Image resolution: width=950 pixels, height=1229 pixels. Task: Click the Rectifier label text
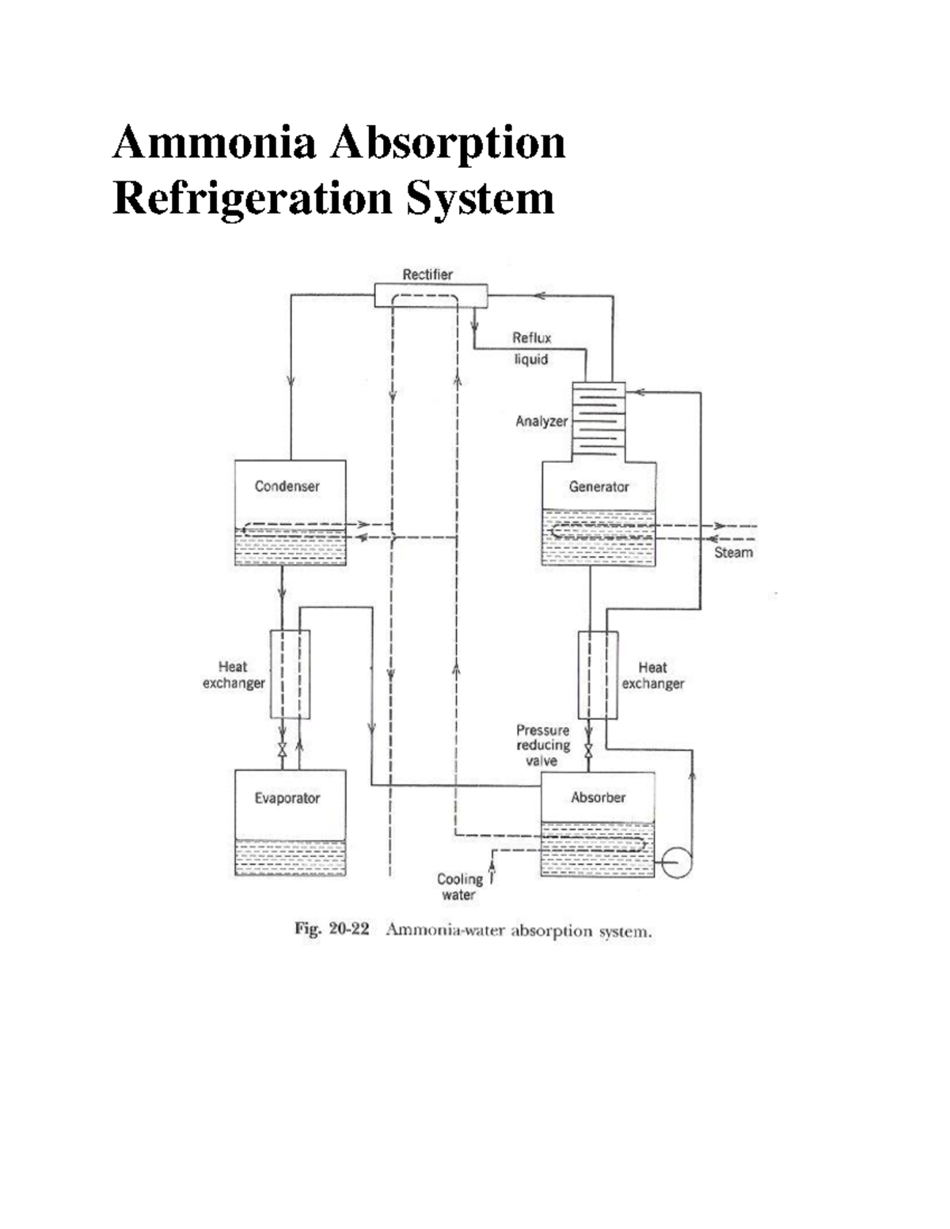click(x=427, y=275)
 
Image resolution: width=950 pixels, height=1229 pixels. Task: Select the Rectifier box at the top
click(x=431, y=296)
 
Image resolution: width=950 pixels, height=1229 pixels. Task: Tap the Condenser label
click(x=287, y=486)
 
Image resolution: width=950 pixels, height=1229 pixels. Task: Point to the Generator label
click(x=598, y=487)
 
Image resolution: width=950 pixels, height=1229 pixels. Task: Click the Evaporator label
click(x=287, y=798)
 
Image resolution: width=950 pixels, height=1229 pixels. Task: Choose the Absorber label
click(x=598, y=797)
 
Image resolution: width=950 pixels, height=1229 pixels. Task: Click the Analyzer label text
click(x=541, y=421)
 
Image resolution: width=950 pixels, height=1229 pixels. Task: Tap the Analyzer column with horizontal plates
click(x=598, y=420)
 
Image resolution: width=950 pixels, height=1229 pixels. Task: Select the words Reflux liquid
click(x=531, y=348)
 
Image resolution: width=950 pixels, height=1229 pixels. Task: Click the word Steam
click(x=733, y=552)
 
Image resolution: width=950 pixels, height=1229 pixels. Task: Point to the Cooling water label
click(x=459, y=886)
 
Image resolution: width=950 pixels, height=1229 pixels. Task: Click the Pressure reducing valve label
click(x=543, y=745)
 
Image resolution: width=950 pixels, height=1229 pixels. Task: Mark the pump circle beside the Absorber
click(x=676, y=862)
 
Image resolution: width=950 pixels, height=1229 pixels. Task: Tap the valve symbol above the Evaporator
click(x=282, y=749)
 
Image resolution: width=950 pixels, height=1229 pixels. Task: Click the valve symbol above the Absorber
click(x=588, y=749)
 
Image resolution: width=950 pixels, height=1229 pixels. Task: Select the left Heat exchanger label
click(x=233, y=675)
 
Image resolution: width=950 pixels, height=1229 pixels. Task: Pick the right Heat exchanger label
click(x=652, y=675)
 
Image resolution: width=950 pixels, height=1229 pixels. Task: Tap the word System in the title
click(x=480, y=198)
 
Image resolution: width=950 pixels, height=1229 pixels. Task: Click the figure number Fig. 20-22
click(x=332, y=929)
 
